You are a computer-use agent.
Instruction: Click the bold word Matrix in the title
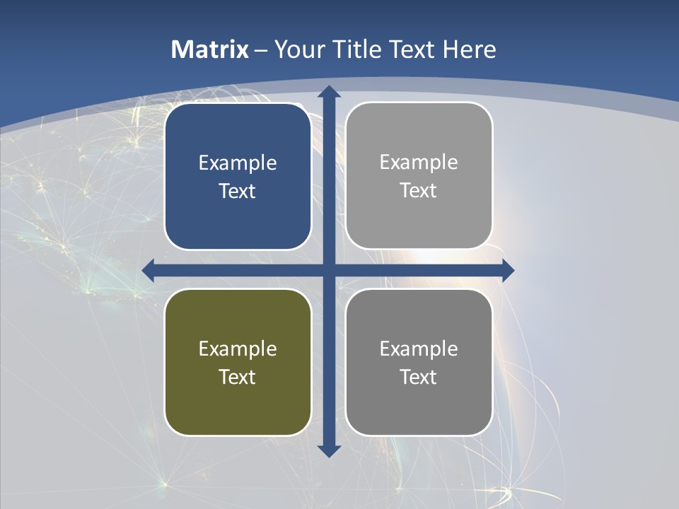(210, 49)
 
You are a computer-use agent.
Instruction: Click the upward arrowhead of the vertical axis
(329, 92)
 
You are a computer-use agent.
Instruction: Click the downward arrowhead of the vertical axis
(329, 450)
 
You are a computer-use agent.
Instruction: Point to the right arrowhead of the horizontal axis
(507, 270)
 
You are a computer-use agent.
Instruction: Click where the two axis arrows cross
(329, 270)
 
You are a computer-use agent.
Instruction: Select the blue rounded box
(238, 226)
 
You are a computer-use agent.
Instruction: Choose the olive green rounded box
(238, 410)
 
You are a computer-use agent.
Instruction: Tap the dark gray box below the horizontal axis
(419, 410)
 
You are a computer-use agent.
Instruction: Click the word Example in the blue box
(238, 163)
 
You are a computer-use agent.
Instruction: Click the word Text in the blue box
(238, 192)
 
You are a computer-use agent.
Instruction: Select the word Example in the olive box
(238, 349)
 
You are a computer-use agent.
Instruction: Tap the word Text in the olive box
(238, 377)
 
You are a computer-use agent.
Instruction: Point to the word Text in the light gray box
(419, 191)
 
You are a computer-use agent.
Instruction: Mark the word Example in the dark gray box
(419, 349)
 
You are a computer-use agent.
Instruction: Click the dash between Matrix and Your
(261, 50)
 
